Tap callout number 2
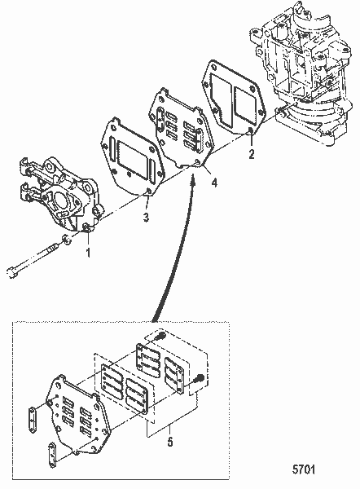[251, 152]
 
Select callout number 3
[146, 218]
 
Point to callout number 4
[214, 183]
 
